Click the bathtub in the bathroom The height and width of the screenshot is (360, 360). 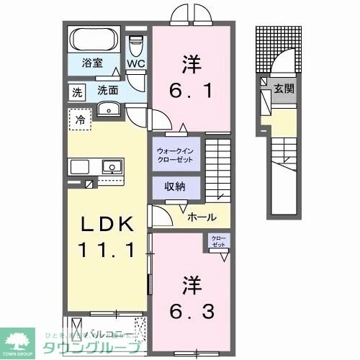coord(96,39)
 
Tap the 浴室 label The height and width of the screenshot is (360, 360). coord(90,63)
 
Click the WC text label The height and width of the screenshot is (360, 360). coord(136,64)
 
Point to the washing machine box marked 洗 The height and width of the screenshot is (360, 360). coord(76,91)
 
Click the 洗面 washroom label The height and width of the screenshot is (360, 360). coord(108,91)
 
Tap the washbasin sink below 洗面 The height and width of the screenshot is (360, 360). coord(110,109)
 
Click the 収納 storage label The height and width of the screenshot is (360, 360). coord(176,186)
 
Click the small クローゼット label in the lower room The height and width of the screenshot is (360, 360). coord(217,242)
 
